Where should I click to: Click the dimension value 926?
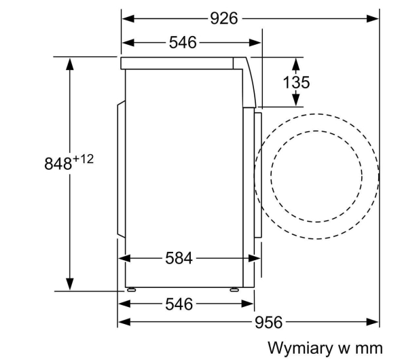click(x=224, y=19)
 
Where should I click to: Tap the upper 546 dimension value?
click(x=183, y=43)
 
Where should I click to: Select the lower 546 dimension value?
click(x=179, y=304)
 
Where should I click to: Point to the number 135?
click(x=296, y=82)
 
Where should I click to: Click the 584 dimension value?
click(x=179, y=258)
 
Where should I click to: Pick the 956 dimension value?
click(x=268, y=322)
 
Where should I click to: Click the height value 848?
click(x=58, y=164)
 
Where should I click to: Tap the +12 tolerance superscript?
click(x=83, y=160)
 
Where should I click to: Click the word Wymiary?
click(x=300, y=348)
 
